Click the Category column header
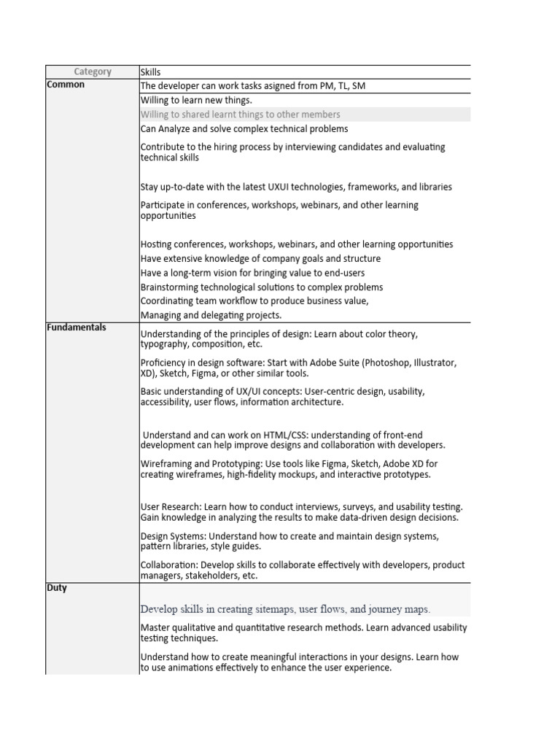[x=93, y=71]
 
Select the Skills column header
[x=150, y=71]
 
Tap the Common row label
[x=66, y=85]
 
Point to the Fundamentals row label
[x=77, y=328]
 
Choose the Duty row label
[x=57, y=588]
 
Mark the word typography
[x=165, y=344]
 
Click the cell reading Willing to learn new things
[x=196, y=100]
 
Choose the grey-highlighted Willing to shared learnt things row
[x=240, y=115]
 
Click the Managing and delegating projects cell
[x=211, y=315]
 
